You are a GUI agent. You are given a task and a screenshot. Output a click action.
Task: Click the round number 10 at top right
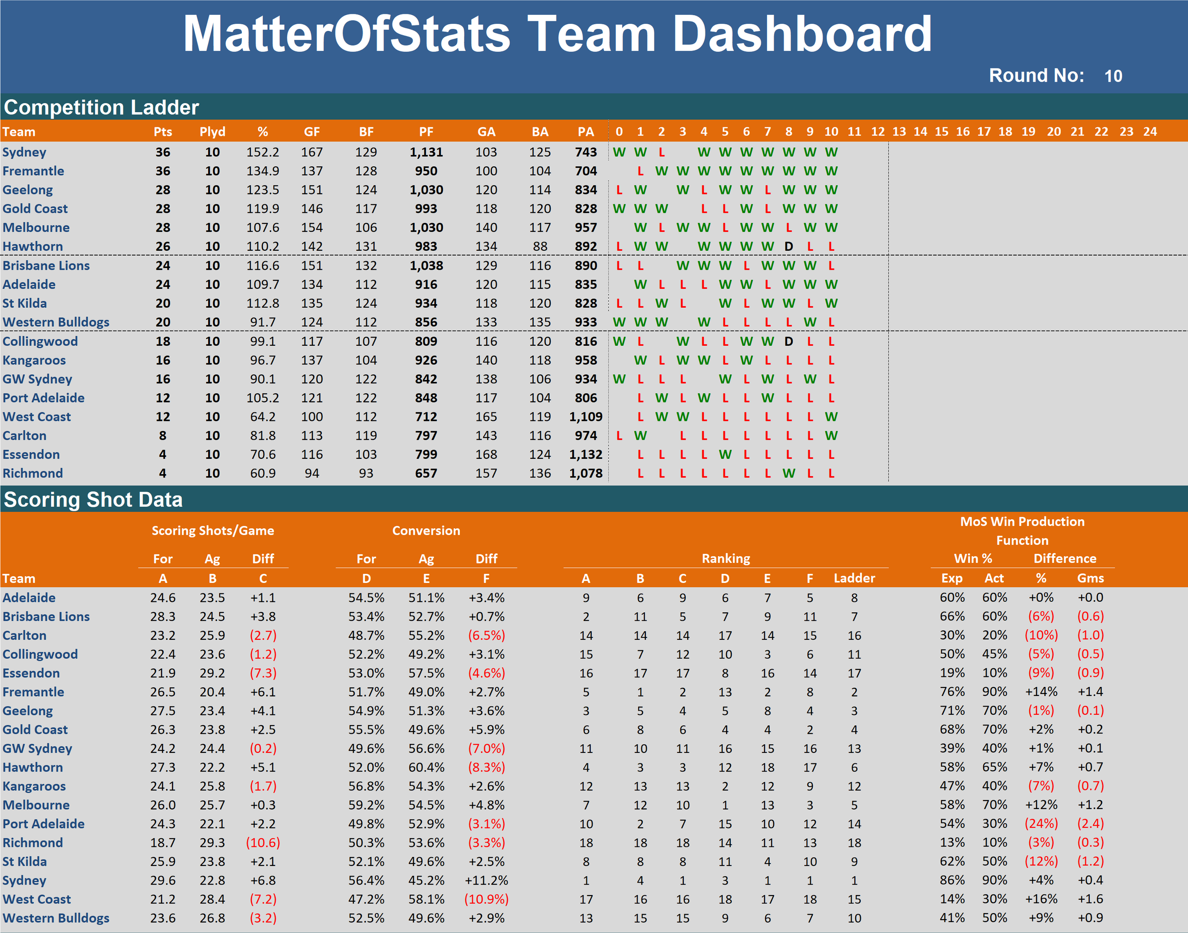pyautogui.click(x=1113, y=76)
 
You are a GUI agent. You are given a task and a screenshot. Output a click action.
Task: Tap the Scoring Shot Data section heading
pyautogui.click(x=93, y=500)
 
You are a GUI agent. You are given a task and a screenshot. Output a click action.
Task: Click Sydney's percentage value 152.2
pyautogui.click(x=262, y=152)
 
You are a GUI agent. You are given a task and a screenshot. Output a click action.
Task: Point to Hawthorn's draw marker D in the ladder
pyautogui.click(x=788, y=247)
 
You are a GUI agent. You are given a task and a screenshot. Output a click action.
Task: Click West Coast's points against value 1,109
pyautogui.click(x=585, y=417)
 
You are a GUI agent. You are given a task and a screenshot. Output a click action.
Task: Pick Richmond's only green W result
pyautogui.click(x=788, y=474)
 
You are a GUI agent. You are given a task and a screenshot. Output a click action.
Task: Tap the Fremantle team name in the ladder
pyautogui.click(x=33, y=171)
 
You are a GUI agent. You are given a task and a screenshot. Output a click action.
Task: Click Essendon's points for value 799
pyautogui.click(x=426, y=455)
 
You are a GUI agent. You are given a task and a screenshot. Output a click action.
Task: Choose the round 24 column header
pyautogui.click(x=1150, y=132)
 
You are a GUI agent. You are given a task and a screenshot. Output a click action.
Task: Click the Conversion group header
pyautogui.click(x=426, y=531)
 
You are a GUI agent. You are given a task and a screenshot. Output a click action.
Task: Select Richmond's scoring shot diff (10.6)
pyautogui.click(x=263, y=843)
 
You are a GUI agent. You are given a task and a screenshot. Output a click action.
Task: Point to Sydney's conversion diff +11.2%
pyautogui.click(x=486, y=881)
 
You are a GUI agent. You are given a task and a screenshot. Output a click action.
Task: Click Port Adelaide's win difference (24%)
pyautogui.click(x=1041, y=824)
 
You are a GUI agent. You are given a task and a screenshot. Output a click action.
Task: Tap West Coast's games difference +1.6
pyautogui.click(x=1090, y=899)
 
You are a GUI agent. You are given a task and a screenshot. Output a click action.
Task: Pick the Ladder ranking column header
pyautogui.click(x=854, y=579)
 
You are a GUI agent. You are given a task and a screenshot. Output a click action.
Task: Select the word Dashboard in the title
pyautogui.click(x=802, y=34)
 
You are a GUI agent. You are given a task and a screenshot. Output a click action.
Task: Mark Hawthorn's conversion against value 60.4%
pyautogui.click(x=426, y=768)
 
